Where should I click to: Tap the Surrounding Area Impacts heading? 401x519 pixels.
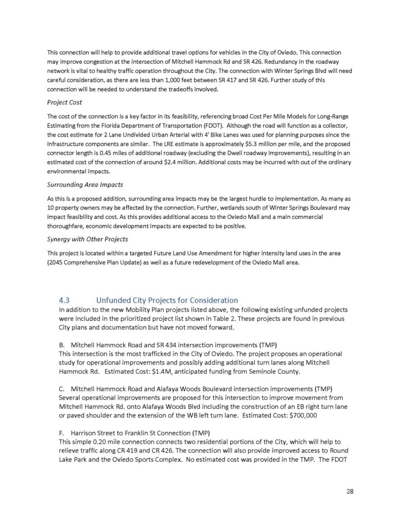[85, 184]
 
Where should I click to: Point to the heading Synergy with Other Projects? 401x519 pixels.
[87, 239]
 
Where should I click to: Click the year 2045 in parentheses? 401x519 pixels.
[56, 263]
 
